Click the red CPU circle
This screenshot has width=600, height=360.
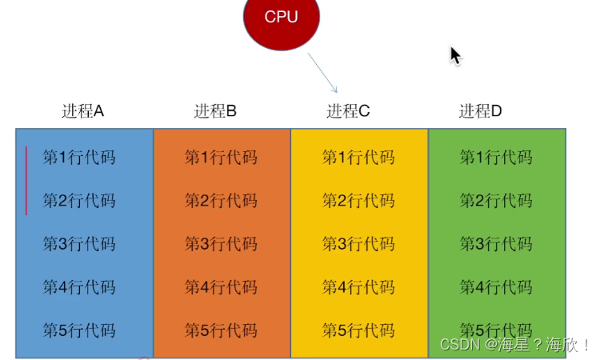281,18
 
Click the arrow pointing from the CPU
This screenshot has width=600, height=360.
322,74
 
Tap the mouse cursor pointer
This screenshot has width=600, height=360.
454,55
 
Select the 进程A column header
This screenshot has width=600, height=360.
83,111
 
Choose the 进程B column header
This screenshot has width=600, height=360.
215,111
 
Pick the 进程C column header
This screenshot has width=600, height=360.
348,111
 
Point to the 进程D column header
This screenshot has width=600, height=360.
480,111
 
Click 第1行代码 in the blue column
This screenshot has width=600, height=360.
78,157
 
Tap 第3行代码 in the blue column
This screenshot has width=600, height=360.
78,244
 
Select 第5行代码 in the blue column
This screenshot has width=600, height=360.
78,330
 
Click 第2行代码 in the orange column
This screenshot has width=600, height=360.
221,200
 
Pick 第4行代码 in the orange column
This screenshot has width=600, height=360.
221,286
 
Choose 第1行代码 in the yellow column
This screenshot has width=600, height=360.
358,157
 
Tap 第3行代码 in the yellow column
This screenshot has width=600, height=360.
358,244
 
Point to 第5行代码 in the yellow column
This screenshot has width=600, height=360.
358,330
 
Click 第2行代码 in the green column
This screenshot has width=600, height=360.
496,200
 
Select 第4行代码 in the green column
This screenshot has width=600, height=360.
496,286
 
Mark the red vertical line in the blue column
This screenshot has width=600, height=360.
26,181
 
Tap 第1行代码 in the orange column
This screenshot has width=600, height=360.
221,157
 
